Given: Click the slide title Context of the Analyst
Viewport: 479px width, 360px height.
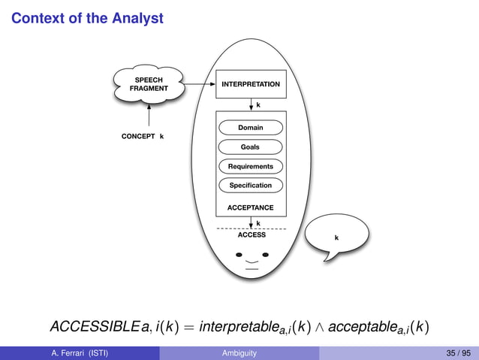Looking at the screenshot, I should coord(87,17).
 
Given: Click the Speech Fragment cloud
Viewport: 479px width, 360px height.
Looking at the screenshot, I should coord(149,84).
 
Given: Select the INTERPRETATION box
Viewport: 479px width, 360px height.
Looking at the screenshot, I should coord(250,84).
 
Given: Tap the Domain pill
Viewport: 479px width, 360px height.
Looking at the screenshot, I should coord(251,128).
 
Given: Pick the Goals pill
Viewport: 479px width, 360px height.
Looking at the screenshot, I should coord(250,147).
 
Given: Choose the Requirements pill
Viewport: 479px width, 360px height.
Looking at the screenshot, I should coord(251,166).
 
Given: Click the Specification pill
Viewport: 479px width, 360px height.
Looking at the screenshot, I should coord(251,185).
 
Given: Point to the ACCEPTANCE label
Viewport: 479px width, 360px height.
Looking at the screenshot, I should coord(250,207).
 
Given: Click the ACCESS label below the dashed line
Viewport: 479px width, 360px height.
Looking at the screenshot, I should coord(252,235).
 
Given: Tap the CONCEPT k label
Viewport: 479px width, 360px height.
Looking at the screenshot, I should coord(143,137).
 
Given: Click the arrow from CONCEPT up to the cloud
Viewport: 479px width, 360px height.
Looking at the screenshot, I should coord(149,114).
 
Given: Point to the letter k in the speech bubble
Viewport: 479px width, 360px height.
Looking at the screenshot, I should coord(336,238).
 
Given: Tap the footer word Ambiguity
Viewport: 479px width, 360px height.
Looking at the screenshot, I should coord(239,352).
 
